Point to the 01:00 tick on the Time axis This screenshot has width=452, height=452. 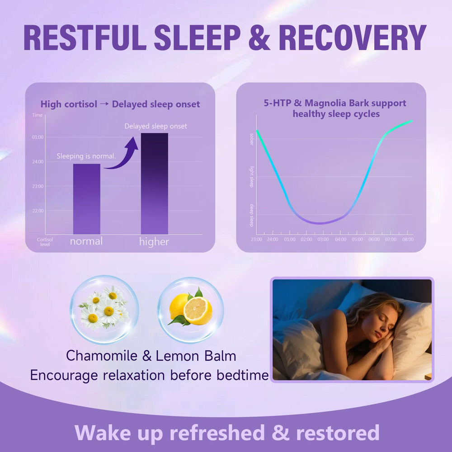38,137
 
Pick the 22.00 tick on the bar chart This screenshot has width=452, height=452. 38,211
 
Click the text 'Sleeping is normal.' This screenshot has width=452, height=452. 86,156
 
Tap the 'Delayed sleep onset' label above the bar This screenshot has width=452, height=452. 155,126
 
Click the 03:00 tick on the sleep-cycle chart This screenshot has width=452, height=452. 323,239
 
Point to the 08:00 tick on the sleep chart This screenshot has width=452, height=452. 407,239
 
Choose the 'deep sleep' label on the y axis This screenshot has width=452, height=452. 252,215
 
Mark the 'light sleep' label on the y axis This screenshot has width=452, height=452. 252,177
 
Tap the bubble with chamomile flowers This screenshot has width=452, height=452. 104,310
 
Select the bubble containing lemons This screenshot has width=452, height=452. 190,310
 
